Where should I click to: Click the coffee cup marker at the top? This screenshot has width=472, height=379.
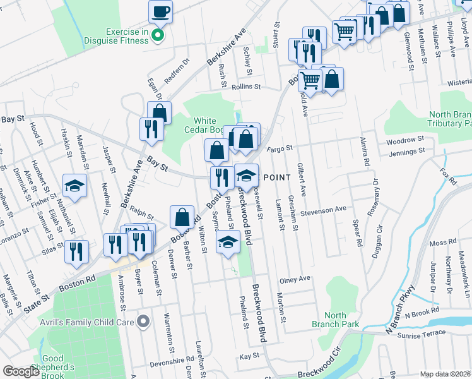click(160, 11)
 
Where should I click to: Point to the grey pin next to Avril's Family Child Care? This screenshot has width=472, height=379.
click(143, 322)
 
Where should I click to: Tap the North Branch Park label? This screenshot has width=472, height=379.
click(335, 320)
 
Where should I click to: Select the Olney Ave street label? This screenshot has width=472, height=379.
click(296, 279)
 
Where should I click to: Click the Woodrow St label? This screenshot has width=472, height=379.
click(405, 140)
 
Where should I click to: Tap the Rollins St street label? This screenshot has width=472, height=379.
click(246, 87)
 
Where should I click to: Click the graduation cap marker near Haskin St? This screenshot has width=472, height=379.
click(74, 186)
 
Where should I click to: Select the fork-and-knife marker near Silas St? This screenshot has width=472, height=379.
click(77, 250)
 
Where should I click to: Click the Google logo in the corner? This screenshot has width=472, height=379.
click(21, 371)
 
